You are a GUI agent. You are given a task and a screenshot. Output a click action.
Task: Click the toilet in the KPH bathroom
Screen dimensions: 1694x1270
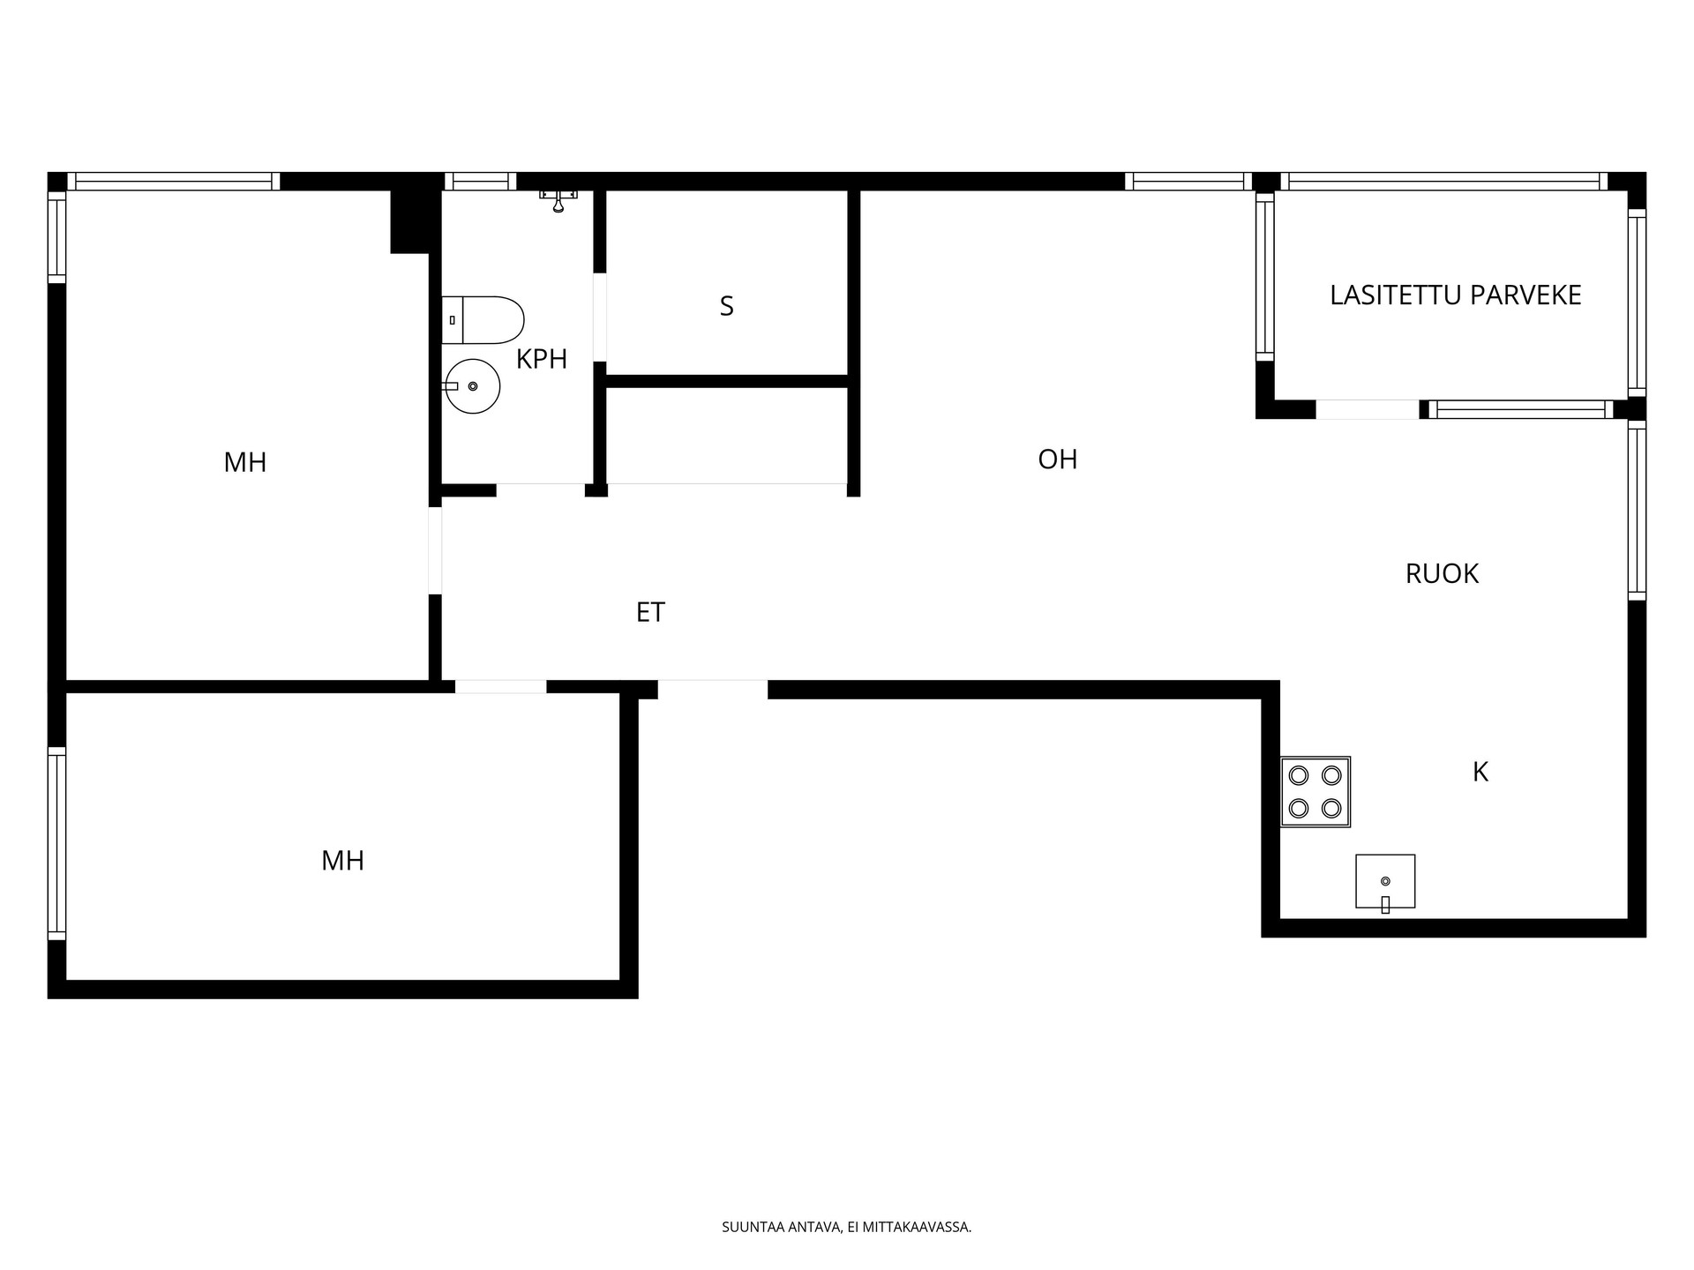483,320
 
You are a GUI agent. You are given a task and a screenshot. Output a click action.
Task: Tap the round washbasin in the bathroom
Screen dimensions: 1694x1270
472,386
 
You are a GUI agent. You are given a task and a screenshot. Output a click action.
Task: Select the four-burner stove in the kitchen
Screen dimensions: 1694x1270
1315,791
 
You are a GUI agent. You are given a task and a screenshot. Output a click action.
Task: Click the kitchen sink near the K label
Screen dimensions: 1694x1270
1385,882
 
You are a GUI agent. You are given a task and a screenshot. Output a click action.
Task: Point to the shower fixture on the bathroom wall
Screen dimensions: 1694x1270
558,200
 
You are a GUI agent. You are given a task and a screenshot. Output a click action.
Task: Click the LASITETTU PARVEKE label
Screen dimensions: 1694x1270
1455,295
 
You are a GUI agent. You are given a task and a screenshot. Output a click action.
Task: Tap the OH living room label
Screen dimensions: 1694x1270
1058,459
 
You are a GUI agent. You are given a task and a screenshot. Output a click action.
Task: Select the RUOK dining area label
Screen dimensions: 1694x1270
1442,574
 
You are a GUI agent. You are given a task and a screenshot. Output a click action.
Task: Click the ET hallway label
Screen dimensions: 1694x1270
650,612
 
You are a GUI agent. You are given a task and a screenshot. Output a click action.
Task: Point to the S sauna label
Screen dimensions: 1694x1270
726,306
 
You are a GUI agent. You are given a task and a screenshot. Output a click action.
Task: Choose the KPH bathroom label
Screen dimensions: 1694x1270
542,359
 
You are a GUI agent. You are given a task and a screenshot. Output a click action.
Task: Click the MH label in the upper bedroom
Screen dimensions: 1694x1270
245,462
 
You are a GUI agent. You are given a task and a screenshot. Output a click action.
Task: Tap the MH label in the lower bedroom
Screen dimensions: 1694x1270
342,861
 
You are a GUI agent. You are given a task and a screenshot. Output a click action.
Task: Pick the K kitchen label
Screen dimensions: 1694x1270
1480,773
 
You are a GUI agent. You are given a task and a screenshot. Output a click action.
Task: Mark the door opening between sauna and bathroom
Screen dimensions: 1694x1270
600,317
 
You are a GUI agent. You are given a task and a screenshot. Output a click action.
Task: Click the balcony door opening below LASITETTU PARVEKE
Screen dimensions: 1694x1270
1368,409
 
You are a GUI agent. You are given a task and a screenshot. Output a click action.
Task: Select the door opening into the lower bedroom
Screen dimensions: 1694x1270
500,687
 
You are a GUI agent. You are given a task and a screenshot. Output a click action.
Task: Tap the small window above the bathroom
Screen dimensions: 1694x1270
480,182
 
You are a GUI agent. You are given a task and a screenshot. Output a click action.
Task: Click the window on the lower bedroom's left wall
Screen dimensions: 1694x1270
56,843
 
